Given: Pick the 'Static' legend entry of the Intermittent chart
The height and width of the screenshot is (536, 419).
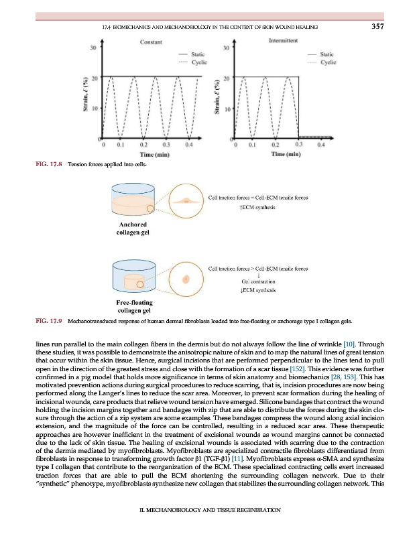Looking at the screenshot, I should coord(328,54).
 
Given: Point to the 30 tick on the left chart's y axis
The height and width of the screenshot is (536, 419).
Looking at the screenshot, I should coord(94,48).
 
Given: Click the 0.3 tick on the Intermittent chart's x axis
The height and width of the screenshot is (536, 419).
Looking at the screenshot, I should coord(299,144).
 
